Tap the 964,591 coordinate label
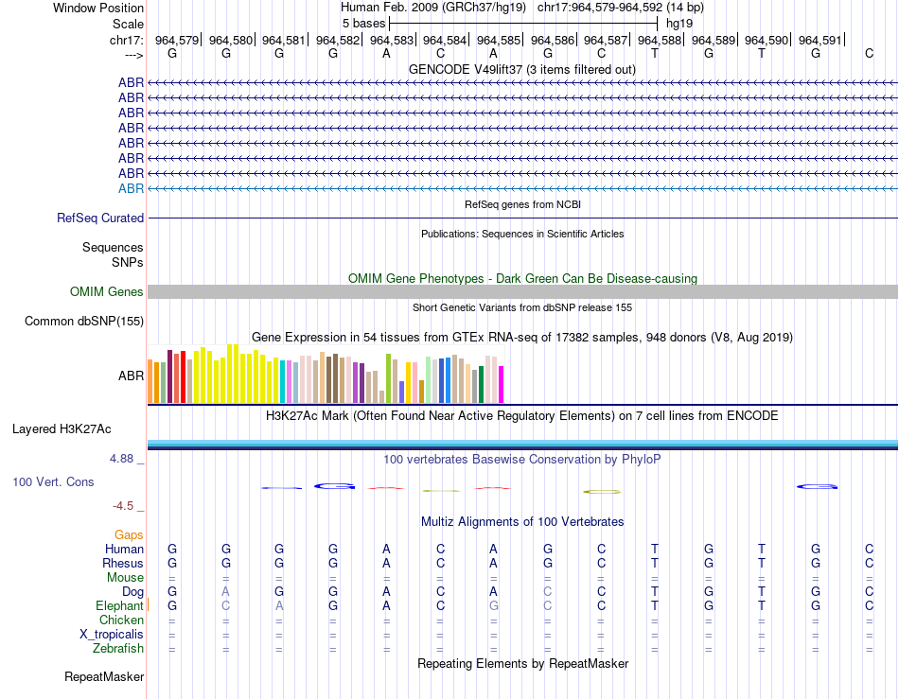coord(820,41)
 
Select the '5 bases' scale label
coord(363,22)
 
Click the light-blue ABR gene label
coord(131,188)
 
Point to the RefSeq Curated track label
coord(100,218)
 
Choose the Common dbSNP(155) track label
coord(83,322)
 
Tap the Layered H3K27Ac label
coord(62,428)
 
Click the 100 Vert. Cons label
coord(53,482)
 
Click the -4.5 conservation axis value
coord(128,506)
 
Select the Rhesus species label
coord(123,564)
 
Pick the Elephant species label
coord(119,605)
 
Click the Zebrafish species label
coord(118,648)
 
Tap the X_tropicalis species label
coord(112,634)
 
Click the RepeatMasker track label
coord(104,677)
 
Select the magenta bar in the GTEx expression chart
coord(502,383)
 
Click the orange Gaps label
coord(129,535)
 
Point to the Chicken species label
coord(121,620)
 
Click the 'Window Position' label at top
coord(98,8)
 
